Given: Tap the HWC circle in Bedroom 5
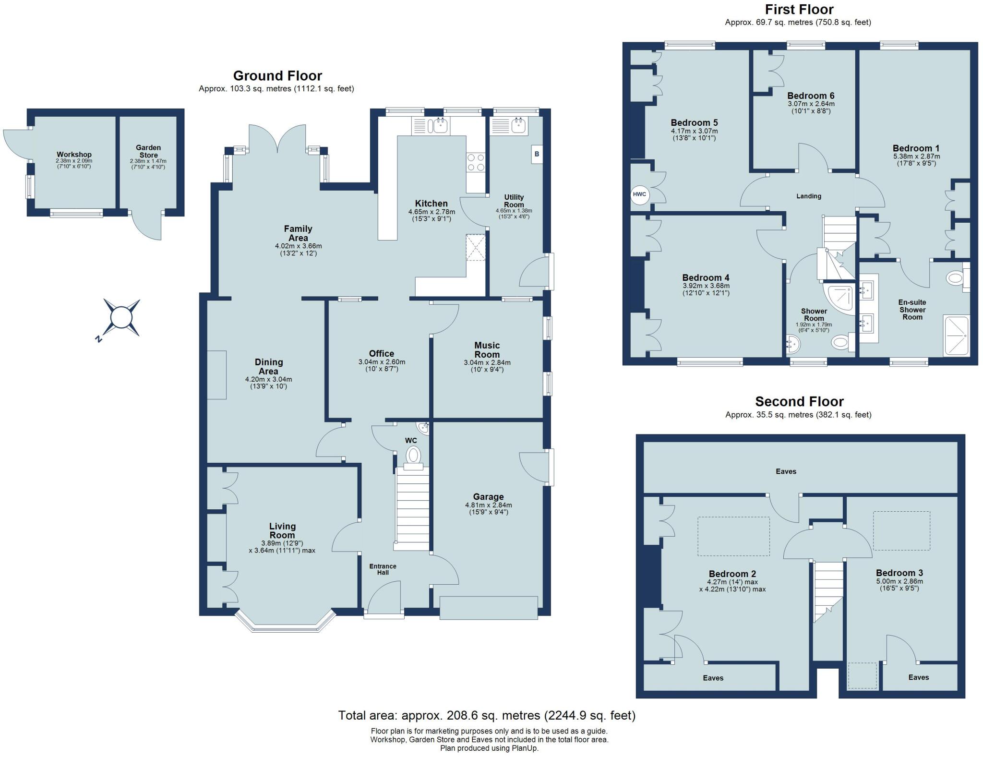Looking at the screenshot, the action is point(640,194).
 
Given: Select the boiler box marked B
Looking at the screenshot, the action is point(537,154).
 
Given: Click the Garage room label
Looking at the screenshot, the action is point(489,497).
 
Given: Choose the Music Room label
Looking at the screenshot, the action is point(487,350).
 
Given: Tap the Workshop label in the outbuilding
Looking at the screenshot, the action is point(74,155).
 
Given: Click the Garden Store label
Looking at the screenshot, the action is point(148,151).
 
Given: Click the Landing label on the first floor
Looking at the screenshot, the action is point(809,196).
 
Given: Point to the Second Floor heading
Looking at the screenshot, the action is point(799,401).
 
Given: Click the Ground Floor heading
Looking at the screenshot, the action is point(277,75).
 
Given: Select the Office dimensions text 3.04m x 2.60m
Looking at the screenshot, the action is point(382,362).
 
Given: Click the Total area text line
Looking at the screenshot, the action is point(487,716).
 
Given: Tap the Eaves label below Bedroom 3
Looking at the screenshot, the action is point(918,677).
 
